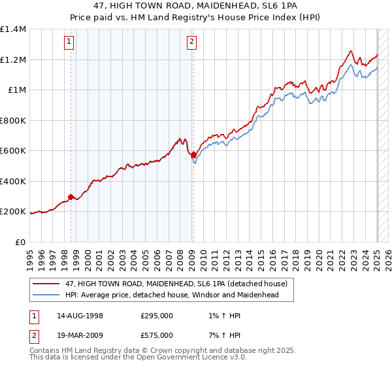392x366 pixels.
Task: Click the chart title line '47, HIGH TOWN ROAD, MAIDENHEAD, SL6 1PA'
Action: point(196,5)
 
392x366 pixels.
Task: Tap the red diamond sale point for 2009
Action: point(193,155)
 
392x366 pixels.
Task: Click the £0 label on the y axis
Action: point(21,242)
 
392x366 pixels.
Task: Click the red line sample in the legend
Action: point(46,283)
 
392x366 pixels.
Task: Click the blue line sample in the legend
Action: point(46,295)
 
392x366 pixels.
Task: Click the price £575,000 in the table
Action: point(157,335)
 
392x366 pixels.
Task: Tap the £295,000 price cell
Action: point(157,316)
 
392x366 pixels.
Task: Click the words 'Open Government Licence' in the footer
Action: point(178,358)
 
